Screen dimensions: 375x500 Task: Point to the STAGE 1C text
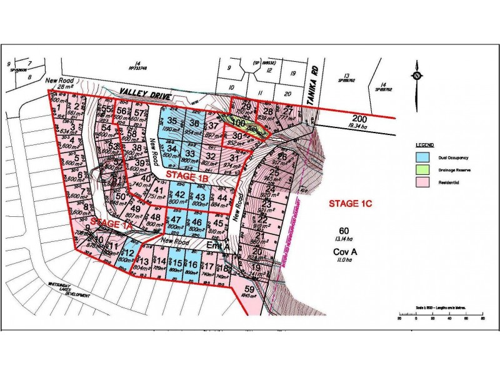350,204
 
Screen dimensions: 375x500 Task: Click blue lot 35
172,122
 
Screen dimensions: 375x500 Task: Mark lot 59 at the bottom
250,290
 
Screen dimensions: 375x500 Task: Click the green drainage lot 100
238,122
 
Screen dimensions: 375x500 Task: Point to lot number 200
359,119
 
